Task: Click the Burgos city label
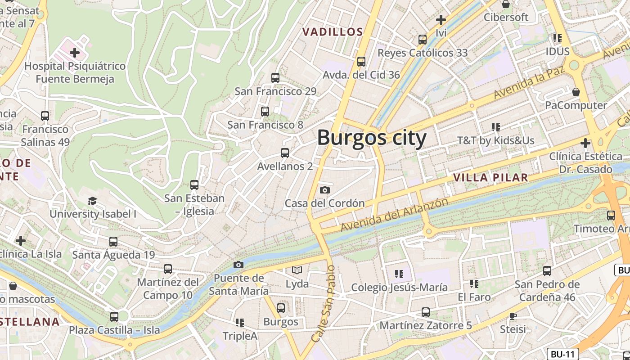pyautogui.click(x=372, y=138)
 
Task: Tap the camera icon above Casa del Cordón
pyautogui.click(x=324, y=190)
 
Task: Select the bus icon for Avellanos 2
pyautogui.click(x=284, y=153)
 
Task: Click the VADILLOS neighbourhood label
pyautogui.click(x=333, y=32)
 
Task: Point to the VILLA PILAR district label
pyautogui.click(x=490, y=177)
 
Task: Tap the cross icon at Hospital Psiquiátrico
pyautogui.click(x=75, y=53)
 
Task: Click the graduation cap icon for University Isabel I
pyautogui.click(x=93, y=201)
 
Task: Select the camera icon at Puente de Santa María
pyautogui.click(x=238, y=265)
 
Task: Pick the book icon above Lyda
pyautogui.click(x=297, y=270)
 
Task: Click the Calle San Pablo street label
pyautogui.click(x=324, y=303)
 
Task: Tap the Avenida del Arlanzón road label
pyautogui.click(x=394, y=215)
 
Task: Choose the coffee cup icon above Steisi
pyautogui.click(x=513, y=316)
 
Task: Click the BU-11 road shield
pyautogui.click(x=562, y=354)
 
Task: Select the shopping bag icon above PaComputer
pyautogui.click(x=576, y=92)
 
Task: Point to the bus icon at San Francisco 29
pyautogui.click(x=275, y=78)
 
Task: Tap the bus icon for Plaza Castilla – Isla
pyautogui.click(x=114, y=316)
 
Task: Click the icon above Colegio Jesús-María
pyautogui.click(x=399, y=274)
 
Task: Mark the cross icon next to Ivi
pyautogui.click(x=441, y=20)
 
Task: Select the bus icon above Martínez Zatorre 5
pyautogui.click(x=425, y=312)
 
